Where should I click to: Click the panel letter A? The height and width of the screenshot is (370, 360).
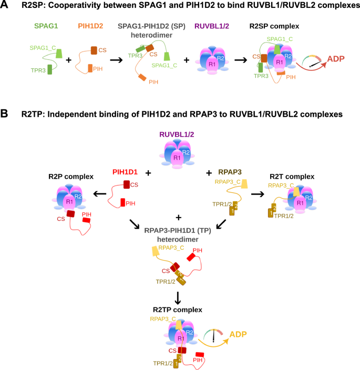coord(5,6)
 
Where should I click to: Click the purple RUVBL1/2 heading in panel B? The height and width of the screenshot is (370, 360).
coord(180,133)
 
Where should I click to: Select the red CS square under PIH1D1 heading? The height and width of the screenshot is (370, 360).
coord(128,186)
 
